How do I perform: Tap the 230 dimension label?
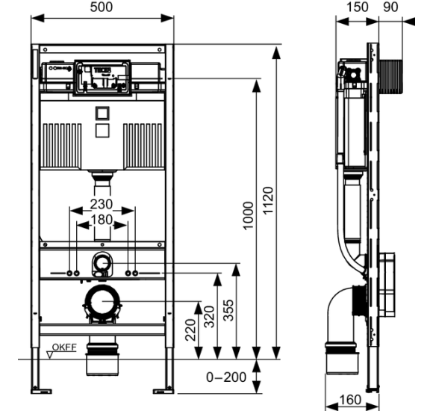click(101, 203)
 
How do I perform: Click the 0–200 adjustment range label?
click(226, 377)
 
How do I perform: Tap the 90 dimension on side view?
click(391, 7)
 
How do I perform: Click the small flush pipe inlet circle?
click(101, 262)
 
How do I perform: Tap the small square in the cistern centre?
click(101, 115)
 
